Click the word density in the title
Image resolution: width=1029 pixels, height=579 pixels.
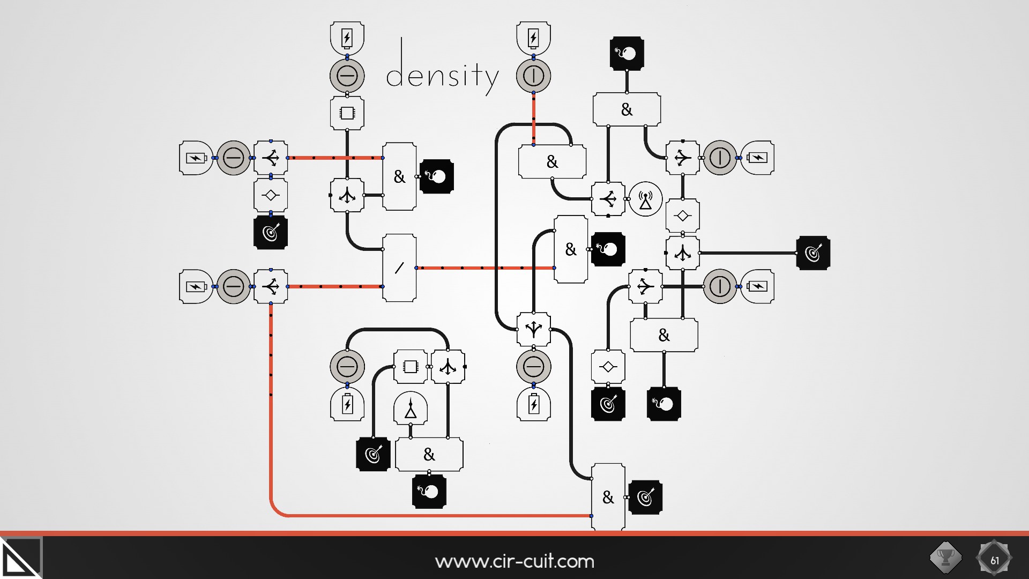[442, 75]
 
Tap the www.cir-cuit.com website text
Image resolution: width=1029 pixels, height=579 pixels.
[514, 561]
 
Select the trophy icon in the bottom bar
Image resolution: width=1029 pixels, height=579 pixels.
[945, 558]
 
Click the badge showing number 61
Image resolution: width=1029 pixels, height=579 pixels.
[994, 559]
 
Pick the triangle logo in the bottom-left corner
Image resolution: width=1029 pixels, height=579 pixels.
[20, 559]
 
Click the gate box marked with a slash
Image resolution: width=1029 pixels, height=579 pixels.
[399, 268]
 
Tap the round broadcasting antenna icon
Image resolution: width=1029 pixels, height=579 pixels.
[645, 199]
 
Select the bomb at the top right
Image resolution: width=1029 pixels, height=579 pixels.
[627, 54]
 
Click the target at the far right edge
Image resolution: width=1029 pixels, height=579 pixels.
[813, 253]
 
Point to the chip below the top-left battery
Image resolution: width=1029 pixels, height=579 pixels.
[347, 113]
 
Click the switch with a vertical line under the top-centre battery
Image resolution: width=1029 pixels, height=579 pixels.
[533, 76]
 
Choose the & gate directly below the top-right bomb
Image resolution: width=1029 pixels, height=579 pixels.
[627, 109]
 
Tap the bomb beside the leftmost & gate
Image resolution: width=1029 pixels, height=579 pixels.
[437, 176]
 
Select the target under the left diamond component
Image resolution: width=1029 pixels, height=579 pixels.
[271, 233]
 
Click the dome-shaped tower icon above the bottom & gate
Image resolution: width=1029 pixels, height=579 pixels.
[411, 408]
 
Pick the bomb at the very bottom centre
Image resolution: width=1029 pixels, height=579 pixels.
[429, 491]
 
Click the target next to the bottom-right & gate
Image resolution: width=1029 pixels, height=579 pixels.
[645, 498]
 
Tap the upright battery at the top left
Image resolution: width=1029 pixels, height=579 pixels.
[347, 38]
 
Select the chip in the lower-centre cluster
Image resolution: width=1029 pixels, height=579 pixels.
[411, 367]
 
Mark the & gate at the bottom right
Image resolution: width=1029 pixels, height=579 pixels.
[608, 498]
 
